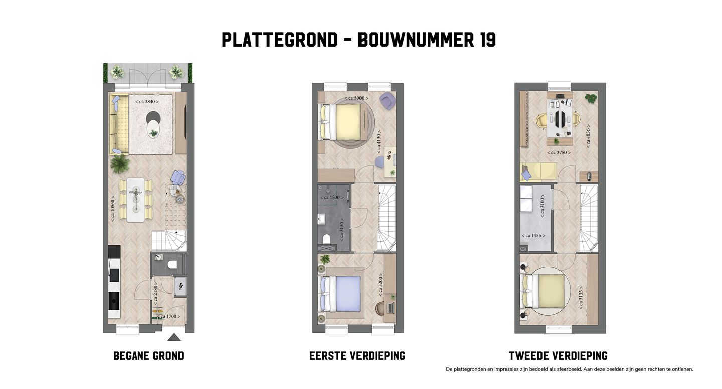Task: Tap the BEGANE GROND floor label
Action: click(x=148, y=356)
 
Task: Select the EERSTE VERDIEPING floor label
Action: click(x=357, y=356)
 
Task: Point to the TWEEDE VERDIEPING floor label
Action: click(x=558, y=356)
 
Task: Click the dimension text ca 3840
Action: click(x=147, y=102)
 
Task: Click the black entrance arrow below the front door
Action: click(x=174, y=337)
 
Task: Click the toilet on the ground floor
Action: click(x=171, y=265)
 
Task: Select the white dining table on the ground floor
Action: click(x=135, y=199)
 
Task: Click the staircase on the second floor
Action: click(x=588, y=218)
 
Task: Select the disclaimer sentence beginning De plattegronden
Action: click(x=569, y=369)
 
